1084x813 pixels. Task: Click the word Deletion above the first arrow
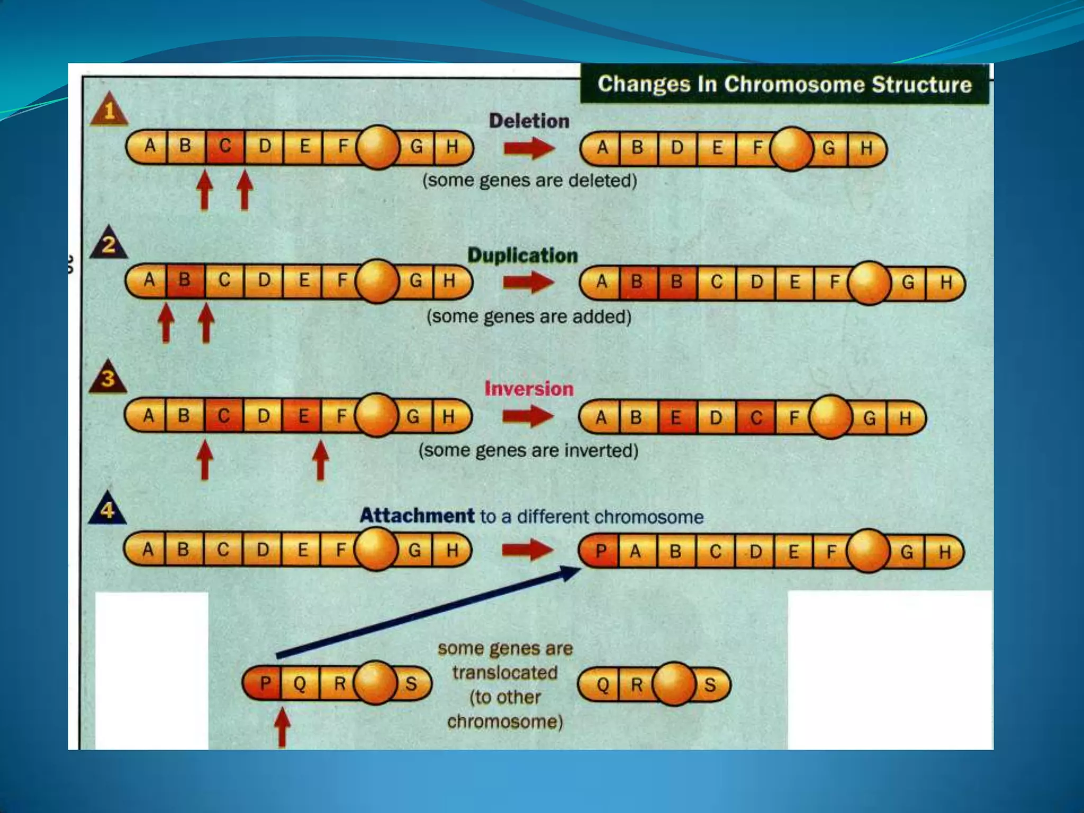point(529,121)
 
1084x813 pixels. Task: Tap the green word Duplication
point(522,256)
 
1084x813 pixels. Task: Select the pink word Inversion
point(529,389)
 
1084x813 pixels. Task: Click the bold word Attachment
point(417,516)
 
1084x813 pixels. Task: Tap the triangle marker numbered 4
point(107,510)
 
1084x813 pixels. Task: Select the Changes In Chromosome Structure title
point(784,84)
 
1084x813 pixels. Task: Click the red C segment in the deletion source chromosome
point(225,146)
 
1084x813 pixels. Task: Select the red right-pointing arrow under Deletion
point(528,148)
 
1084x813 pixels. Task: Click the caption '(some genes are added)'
point(529,317)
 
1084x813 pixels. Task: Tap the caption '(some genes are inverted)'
point(528,450)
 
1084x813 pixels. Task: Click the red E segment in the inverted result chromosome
point(676,418)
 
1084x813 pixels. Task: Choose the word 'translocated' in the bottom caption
point(504,673)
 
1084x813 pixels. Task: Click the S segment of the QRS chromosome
point(710,685)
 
